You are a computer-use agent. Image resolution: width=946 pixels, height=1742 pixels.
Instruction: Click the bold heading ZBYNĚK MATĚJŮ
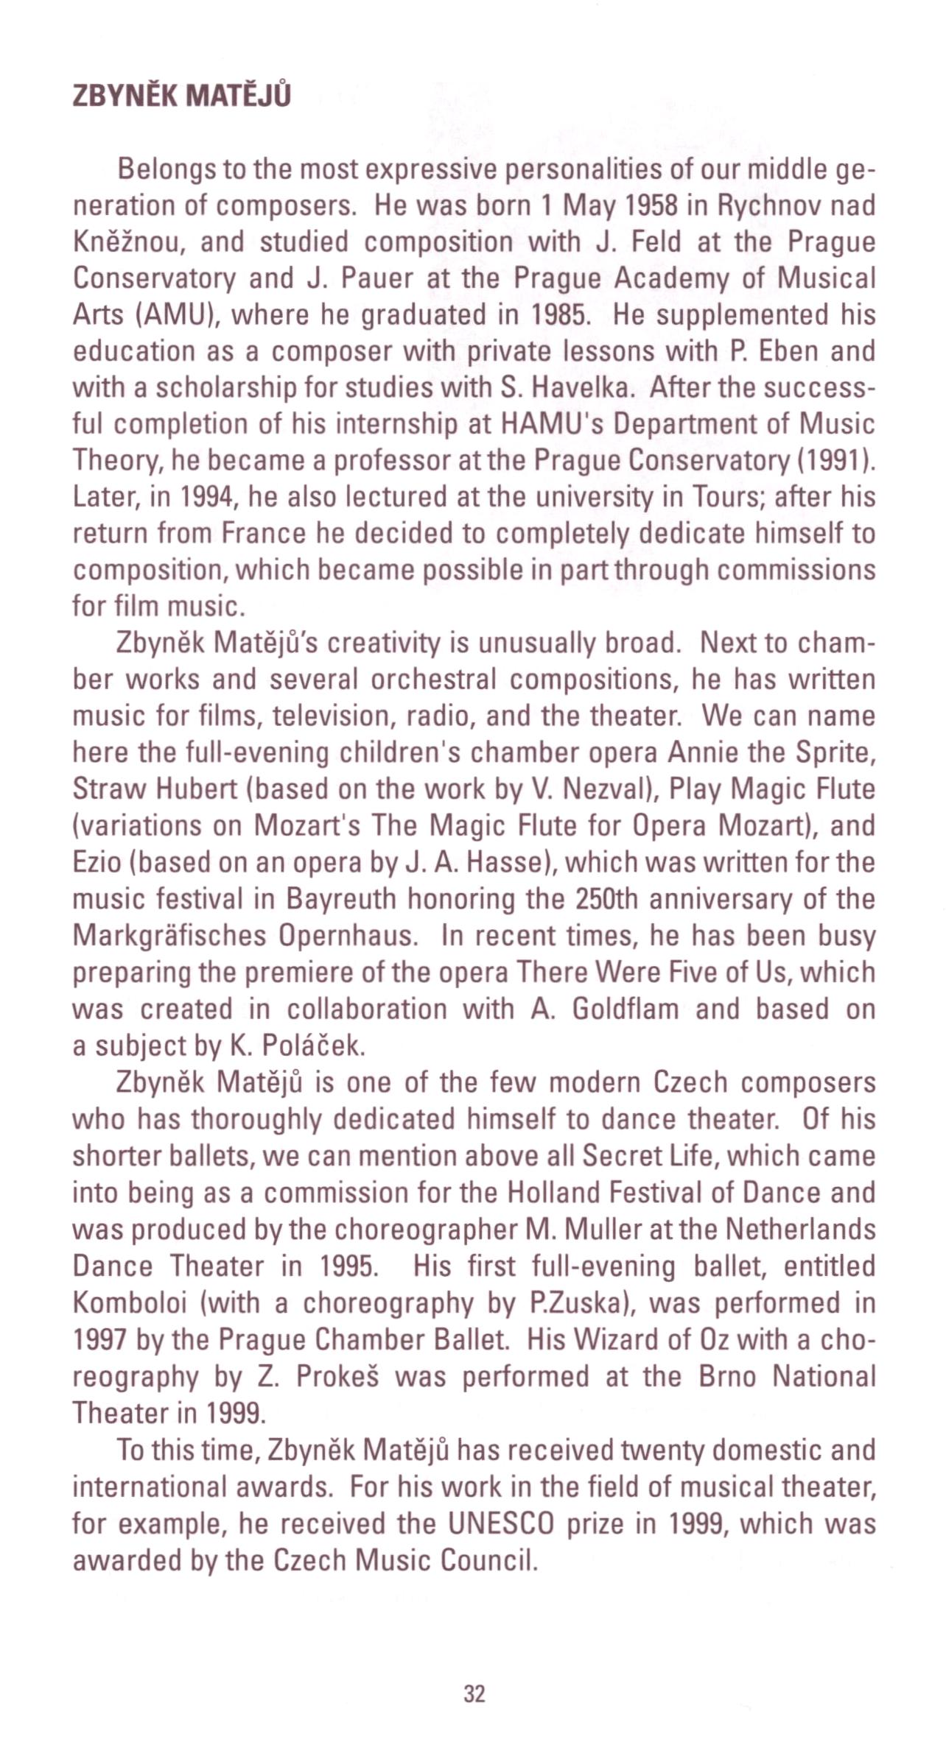[x=181, y=96]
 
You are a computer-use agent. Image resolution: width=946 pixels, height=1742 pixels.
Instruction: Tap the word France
[x=263, y=533]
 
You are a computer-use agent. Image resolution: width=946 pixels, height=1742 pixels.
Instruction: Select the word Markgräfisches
[x=169, y=935]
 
